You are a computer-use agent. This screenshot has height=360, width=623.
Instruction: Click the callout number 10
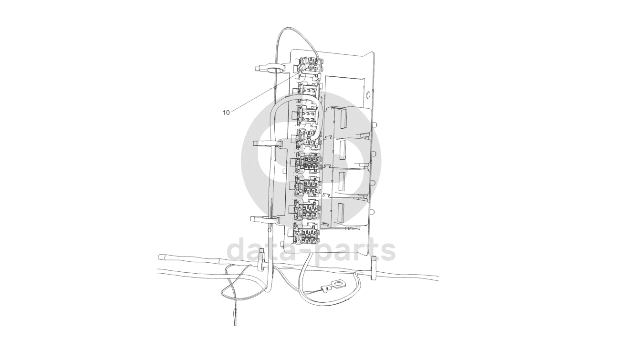point(226,113)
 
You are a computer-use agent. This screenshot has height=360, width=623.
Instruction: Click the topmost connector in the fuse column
point(311,65)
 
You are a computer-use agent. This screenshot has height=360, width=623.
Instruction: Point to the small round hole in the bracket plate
point(368,95)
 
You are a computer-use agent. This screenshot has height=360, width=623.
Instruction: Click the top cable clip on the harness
point(270,68)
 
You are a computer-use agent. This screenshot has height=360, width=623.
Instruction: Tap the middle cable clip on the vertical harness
point(268,144)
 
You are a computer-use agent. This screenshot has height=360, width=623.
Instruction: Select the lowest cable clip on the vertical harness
point(265,220)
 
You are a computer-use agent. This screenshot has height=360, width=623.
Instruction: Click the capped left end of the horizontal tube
point(161,257)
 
